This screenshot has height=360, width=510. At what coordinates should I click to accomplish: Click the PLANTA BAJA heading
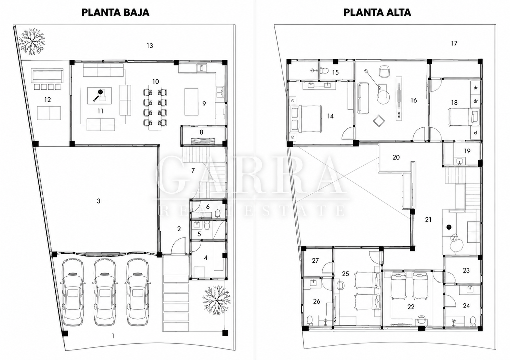116,13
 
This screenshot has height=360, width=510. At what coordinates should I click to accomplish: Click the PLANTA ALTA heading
377,13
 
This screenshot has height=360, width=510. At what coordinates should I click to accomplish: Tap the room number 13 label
150,46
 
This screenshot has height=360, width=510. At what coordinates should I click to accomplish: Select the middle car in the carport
105,292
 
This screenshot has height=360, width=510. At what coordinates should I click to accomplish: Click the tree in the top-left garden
32,42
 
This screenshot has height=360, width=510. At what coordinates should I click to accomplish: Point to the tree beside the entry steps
216,300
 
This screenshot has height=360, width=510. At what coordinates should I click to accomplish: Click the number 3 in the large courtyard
98,201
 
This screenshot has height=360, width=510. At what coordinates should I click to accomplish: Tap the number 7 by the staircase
193,170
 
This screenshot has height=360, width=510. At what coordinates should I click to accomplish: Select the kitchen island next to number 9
191,102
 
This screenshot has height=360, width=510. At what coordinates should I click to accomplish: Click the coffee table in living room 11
99,96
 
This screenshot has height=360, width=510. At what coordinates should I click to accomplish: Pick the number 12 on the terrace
48,99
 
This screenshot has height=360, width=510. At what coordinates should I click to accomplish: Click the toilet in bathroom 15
324,71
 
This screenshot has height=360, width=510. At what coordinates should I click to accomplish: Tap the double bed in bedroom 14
306,119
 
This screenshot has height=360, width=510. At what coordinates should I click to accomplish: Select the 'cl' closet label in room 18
475,133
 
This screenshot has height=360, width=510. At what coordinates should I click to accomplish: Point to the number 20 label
396,157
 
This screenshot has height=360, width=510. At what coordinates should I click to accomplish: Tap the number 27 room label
315,260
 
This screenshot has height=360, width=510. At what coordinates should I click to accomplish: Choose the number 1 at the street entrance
113,336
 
